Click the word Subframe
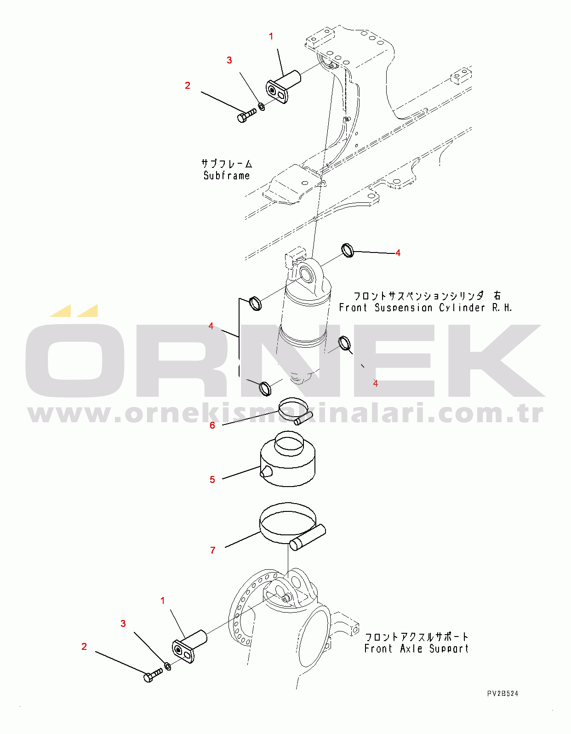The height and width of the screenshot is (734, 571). click(227, 176)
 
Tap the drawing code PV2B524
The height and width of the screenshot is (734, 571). click(503, 694)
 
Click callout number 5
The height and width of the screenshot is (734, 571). click(212, 479)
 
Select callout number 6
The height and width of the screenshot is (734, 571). click(212, 425)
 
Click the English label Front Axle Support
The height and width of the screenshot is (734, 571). click(417, 648)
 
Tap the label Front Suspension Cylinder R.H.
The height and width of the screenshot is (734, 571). click(425, 308)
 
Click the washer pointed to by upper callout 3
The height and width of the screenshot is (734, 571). click(261, 107)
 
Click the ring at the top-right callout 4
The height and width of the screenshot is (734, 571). click(348, 250)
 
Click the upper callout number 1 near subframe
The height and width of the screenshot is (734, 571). click(271, 36)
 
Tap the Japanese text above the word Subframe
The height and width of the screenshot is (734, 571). click(227, 164)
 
